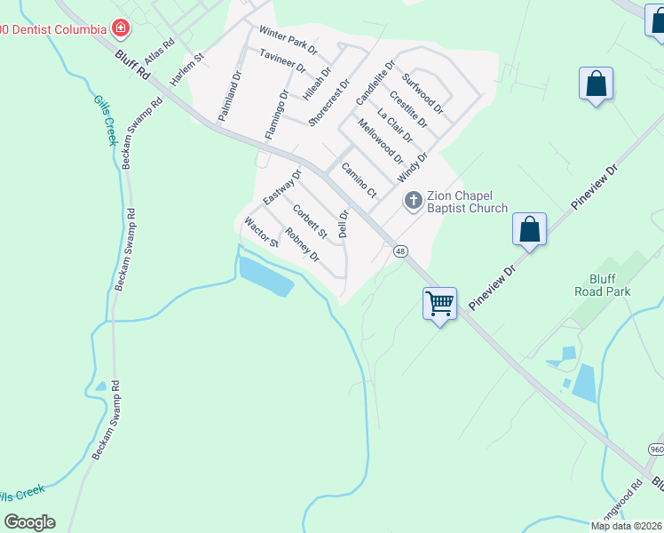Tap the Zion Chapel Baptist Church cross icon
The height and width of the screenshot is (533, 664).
(413, 201)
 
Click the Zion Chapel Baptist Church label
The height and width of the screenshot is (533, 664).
(467, 202)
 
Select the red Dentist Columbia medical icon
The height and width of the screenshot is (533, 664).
(120, 28)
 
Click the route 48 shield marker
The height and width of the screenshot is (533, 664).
(401, 251)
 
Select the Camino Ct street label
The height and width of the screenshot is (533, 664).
(360, 182)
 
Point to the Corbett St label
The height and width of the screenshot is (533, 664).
(310, 221)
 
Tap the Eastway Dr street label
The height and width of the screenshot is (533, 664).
(283, 185)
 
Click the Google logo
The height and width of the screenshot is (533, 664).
(29, 522)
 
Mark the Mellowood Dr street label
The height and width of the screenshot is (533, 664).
(381, 142)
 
